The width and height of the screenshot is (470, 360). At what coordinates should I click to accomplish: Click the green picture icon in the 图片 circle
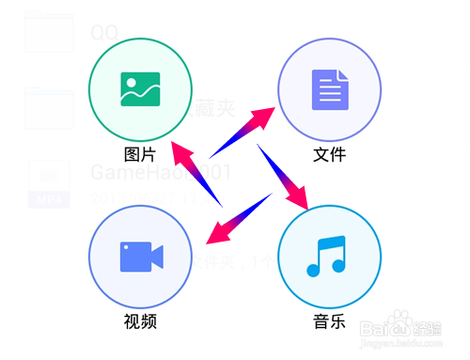140,89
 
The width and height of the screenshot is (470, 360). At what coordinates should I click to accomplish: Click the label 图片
140,153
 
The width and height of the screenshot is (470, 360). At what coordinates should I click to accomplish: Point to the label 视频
140,321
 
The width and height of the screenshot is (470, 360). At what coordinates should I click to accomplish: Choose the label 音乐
329,321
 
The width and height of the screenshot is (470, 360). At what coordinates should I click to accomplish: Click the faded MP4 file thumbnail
49,183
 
